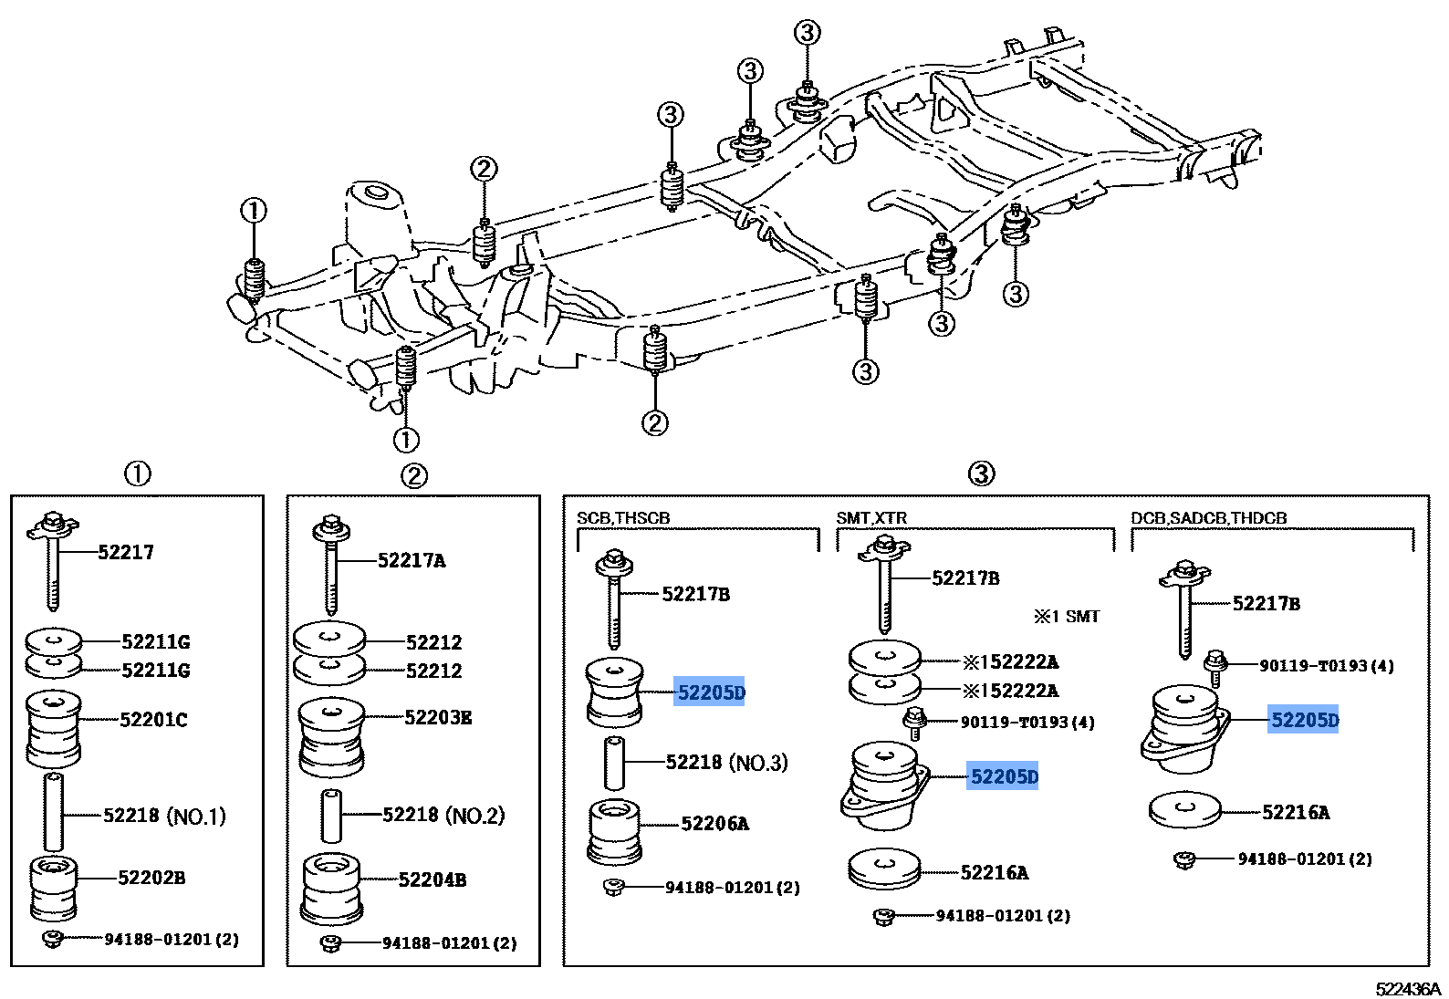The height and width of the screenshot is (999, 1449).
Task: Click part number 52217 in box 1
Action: click(126, 552)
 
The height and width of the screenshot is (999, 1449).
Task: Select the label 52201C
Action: click(153, 720)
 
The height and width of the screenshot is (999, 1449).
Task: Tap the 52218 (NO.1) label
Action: click(164, 816)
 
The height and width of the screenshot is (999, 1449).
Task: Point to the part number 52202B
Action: click(151, 878)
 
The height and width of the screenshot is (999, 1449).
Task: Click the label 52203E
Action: click(438, 717)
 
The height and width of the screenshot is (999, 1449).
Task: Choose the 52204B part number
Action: click(433, 880)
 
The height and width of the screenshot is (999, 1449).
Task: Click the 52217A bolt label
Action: click(412, 560)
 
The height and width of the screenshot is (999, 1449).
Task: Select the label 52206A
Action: click(714, 824)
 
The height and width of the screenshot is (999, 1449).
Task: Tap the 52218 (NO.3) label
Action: click(726, 763)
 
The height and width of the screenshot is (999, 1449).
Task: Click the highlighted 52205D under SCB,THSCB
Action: click(710, 692)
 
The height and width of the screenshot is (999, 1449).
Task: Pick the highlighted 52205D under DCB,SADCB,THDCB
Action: click(1304, 721)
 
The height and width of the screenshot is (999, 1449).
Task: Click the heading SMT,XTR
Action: click(871, 518)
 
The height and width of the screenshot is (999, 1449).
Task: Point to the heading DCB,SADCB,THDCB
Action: click(1208, 518)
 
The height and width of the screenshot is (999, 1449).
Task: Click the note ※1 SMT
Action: click(1067, 617)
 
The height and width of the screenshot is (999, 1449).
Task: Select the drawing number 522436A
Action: click(1407, 989)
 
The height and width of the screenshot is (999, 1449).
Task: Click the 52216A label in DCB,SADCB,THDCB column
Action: click(1295, 812)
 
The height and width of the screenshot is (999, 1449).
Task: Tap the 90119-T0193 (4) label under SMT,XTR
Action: click(1027, 723)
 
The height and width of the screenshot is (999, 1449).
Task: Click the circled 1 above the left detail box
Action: click(137, 473)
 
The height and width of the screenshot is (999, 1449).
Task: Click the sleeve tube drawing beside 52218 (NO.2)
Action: click(331, 816)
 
